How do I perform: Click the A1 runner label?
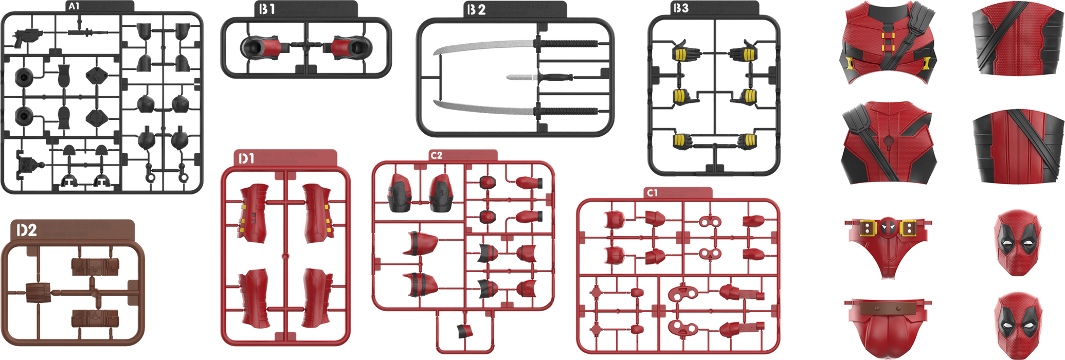click(74, 7)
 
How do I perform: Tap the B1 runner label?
click(267, 9)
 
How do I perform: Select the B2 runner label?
click(476, 10)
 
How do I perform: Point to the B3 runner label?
click(681, 8)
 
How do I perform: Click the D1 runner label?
click(246, 159)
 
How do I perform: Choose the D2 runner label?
click(27, 230)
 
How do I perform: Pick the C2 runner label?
click(437, 155)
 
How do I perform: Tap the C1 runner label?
click(653, 193)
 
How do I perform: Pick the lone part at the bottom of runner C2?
click(465, 331)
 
